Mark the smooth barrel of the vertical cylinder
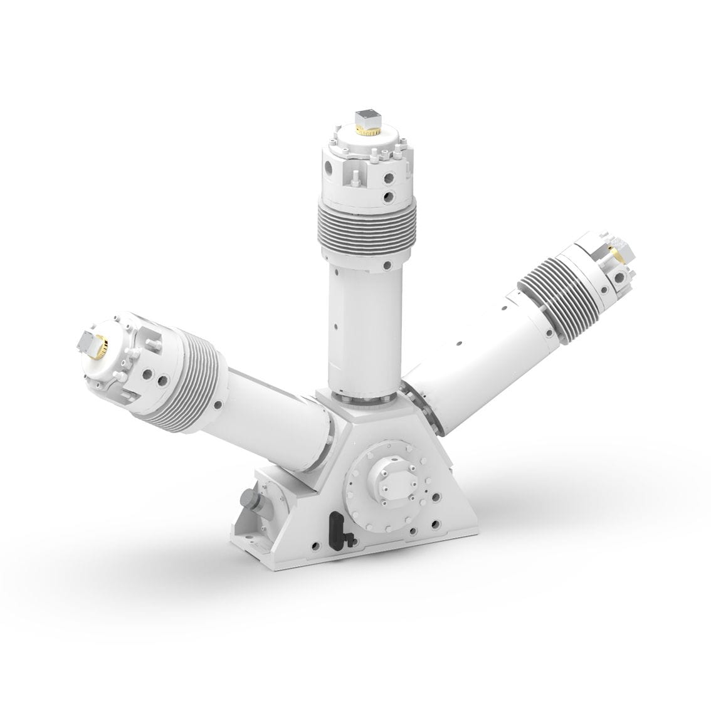(x=364, y=326)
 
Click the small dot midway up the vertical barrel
(x=337, y=325)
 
